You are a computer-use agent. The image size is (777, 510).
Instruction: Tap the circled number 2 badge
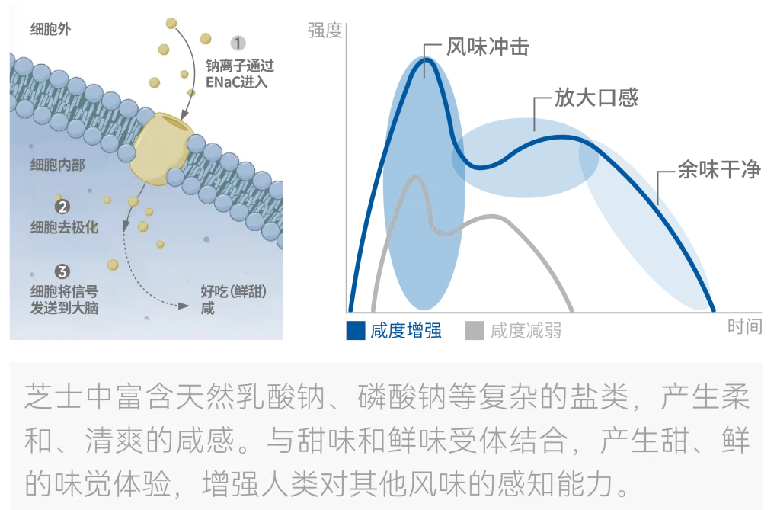click(x=62, y=207)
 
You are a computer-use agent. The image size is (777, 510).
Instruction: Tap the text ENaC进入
click(x=237, y=82)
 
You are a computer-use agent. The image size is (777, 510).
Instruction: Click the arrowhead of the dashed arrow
click(x=184, y=308)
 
